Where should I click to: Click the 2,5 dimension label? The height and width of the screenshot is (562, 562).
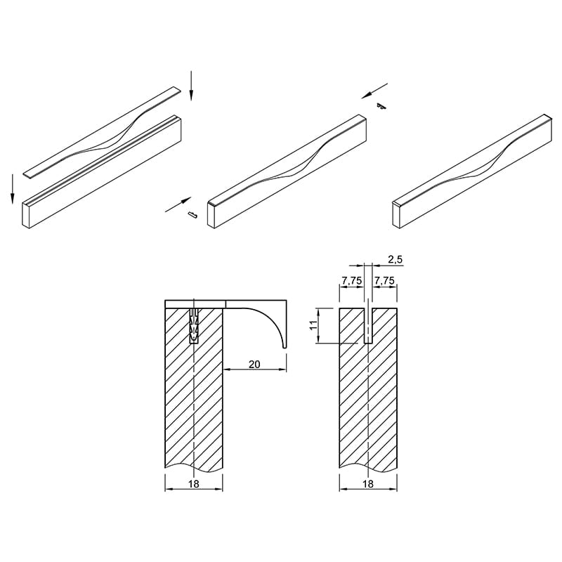tap(396, 259)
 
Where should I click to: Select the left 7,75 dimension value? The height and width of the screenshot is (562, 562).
tap(352, 281)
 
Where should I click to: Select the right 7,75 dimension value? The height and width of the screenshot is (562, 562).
tap(384, 281)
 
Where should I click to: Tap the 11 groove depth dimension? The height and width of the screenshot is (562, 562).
tap(313, 325)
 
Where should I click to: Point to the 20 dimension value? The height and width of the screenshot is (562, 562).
tap(254, 364)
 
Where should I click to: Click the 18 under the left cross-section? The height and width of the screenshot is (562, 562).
tap(194, 484)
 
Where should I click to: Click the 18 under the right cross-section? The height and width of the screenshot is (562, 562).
tap(368, 484)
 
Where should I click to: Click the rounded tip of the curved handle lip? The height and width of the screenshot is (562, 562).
tap(285, 346)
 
